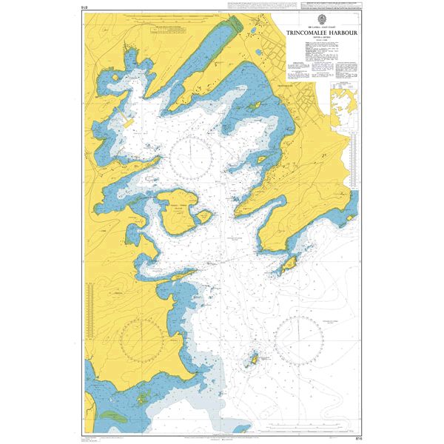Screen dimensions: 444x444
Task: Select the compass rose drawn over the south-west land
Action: coord(141,339)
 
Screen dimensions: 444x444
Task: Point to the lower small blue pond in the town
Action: coord(257,53)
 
